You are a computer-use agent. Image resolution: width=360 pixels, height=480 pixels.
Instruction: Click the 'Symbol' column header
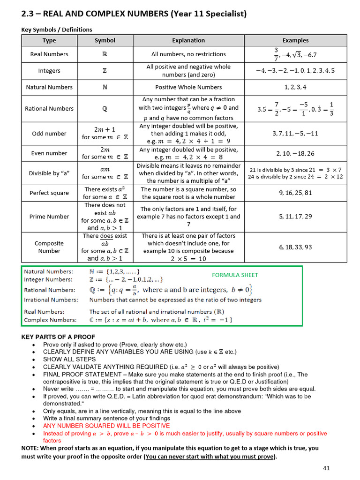click(x=105, y=40)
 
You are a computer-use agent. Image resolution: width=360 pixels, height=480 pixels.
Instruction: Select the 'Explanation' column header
click(x=188, y=40)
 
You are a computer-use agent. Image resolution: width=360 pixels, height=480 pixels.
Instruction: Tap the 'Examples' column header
click(x=295, y=40)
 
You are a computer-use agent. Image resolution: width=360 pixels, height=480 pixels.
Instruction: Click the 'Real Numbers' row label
click(x=49, y=54)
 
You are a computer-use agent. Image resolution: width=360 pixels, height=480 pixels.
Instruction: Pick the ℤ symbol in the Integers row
click(x=105, y=71)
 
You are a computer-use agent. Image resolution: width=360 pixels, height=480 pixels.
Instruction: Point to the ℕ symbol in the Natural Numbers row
click(x=105, y=87)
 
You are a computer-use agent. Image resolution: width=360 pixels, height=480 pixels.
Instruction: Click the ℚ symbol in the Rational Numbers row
click(x=105, y=109)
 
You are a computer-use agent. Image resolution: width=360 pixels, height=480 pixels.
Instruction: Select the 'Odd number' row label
click(x=49, y=134)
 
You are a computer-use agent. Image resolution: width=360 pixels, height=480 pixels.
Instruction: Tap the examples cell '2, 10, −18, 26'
click(x=295, y=153)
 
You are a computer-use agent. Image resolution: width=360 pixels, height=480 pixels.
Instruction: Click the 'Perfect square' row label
click(x=49, y=193)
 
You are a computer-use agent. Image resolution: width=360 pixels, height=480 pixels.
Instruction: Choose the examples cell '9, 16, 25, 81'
click(x=295, y=193)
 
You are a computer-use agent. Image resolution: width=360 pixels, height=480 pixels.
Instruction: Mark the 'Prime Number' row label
click(x=49, y=217)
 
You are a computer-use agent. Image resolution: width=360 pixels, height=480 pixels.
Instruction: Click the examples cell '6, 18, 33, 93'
click(x=295, y=247)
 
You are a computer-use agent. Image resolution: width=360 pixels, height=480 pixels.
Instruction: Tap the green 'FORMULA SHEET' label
click(x=235, y=275)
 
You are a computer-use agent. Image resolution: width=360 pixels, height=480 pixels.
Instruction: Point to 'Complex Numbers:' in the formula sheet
click(x=51, y=320)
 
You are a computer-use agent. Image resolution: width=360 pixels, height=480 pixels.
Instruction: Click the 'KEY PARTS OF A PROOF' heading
click(x=58, y=337)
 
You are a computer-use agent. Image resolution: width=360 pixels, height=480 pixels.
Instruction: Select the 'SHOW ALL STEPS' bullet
click(x=69, y=359)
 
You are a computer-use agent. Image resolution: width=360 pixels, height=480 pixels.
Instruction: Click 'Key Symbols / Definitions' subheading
click(x=57, y=30)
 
